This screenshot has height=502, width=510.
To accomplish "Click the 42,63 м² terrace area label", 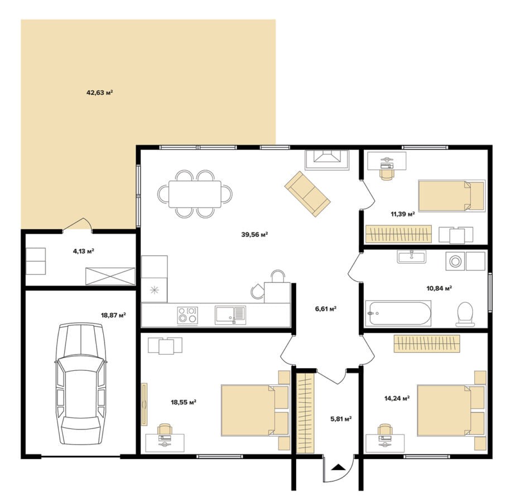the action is tap(99, 93).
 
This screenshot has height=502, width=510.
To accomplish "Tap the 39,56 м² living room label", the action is tap(254, 234).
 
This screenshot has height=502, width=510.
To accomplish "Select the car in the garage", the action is tap(81, 384).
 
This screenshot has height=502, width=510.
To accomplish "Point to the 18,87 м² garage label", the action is tap(113, 315).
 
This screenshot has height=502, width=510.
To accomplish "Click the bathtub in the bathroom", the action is tap(398, 313).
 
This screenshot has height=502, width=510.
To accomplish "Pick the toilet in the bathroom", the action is tap(465, 314).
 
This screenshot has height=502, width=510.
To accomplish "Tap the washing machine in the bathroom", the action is tap(455, 260).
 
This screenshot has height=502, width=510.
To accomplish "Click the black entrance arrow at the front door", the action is tap(339, 467).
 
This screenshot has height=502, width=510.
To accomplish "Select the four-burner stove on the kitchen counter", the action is tap(187, 315).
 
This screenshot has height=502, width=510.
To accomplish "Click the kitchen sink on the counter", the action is tap(230, 315).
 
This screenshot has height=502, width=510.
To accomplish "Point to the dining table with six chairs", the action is tap(195, 194).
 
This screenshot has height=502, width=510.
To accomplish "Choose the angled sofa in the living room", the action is tap(307, 194).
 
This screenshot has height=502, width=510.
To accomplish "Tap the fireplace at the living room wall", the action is tap(327, 160).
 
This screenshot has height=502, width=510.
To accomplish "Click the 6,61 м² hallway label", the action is tap(325, 308).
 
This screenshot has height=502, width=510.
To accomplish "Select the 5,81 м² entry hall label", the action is tap(341, 419).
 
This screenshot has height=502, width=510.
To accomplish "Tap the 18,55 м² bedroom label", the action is tap(184, 402).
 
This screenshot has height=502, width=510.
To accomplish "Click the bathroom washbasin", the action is tap(411, 257).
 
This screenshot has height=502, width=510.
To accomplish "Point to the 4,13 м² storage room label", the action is tap(84, 251).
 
